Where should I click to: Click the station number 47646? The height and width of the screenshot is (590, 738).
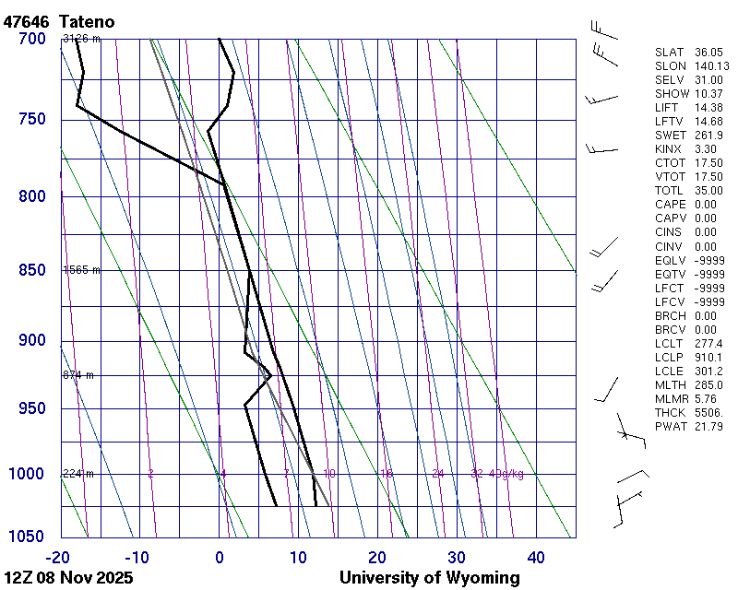[x=29, y=20]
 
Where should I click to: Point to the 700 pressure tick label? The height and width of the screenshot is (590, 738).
[x=31, y=39]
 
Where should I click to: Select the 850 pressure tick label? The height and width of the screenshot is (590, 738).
[x=31, y=270]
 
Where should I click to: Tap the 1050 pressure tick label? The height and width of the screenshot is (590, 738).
[x=27, y=537]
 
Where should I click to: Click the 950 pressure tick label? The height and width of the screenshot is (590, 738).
[x=31, y=408]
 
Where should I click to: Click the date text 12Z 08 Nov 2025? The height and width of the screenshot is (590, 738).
[x=68, y=578]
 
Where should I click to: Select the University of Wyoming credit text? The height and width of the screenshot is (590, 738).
[x=429, y=578]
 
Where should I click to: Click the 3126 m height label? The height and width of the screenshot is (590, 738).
[x=81, y=39]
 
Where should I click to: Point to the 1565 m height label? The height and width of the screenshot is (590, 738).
[x=81, y=270]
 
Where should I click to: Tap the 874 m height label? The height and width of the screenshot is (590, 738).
[x=78, y=375]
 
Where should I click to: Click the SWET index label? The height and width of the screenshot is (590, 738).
[x=671, y=136]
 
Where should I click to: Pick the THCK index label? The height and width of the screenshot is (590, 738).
[x=671, y=412]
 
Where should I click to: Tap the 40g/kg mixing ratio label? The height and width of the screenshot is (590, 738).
[x=507, y=474]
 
